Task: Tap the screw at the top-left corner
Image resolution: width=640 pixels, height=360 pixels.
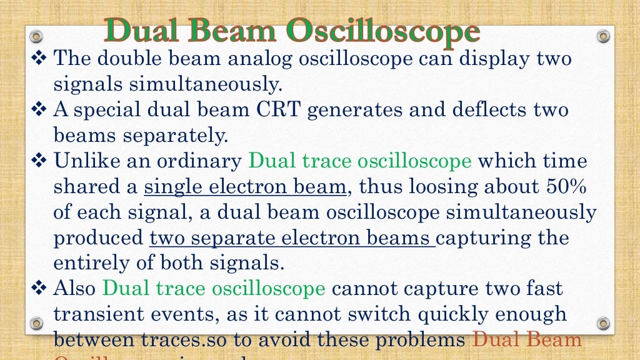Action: pos(37,36)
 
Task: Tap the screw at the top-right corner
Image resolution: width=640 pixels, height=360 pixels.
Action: pos(602,36)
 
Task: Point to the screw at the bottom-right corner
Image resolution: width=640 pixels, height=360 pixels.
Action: pos(602,323)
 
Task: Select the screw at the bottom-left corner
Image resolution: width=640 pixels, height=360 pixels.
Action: pos(37,323)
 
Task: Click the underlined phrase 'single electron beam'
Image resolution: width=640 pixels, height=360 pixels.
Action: pos(245,187)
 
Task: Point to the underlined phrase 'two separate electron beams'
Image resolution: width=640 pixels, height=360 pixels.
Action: pos(292,238)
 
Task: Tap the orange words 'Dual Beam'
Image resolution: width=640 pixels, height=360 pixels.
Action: pos(526,340)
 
